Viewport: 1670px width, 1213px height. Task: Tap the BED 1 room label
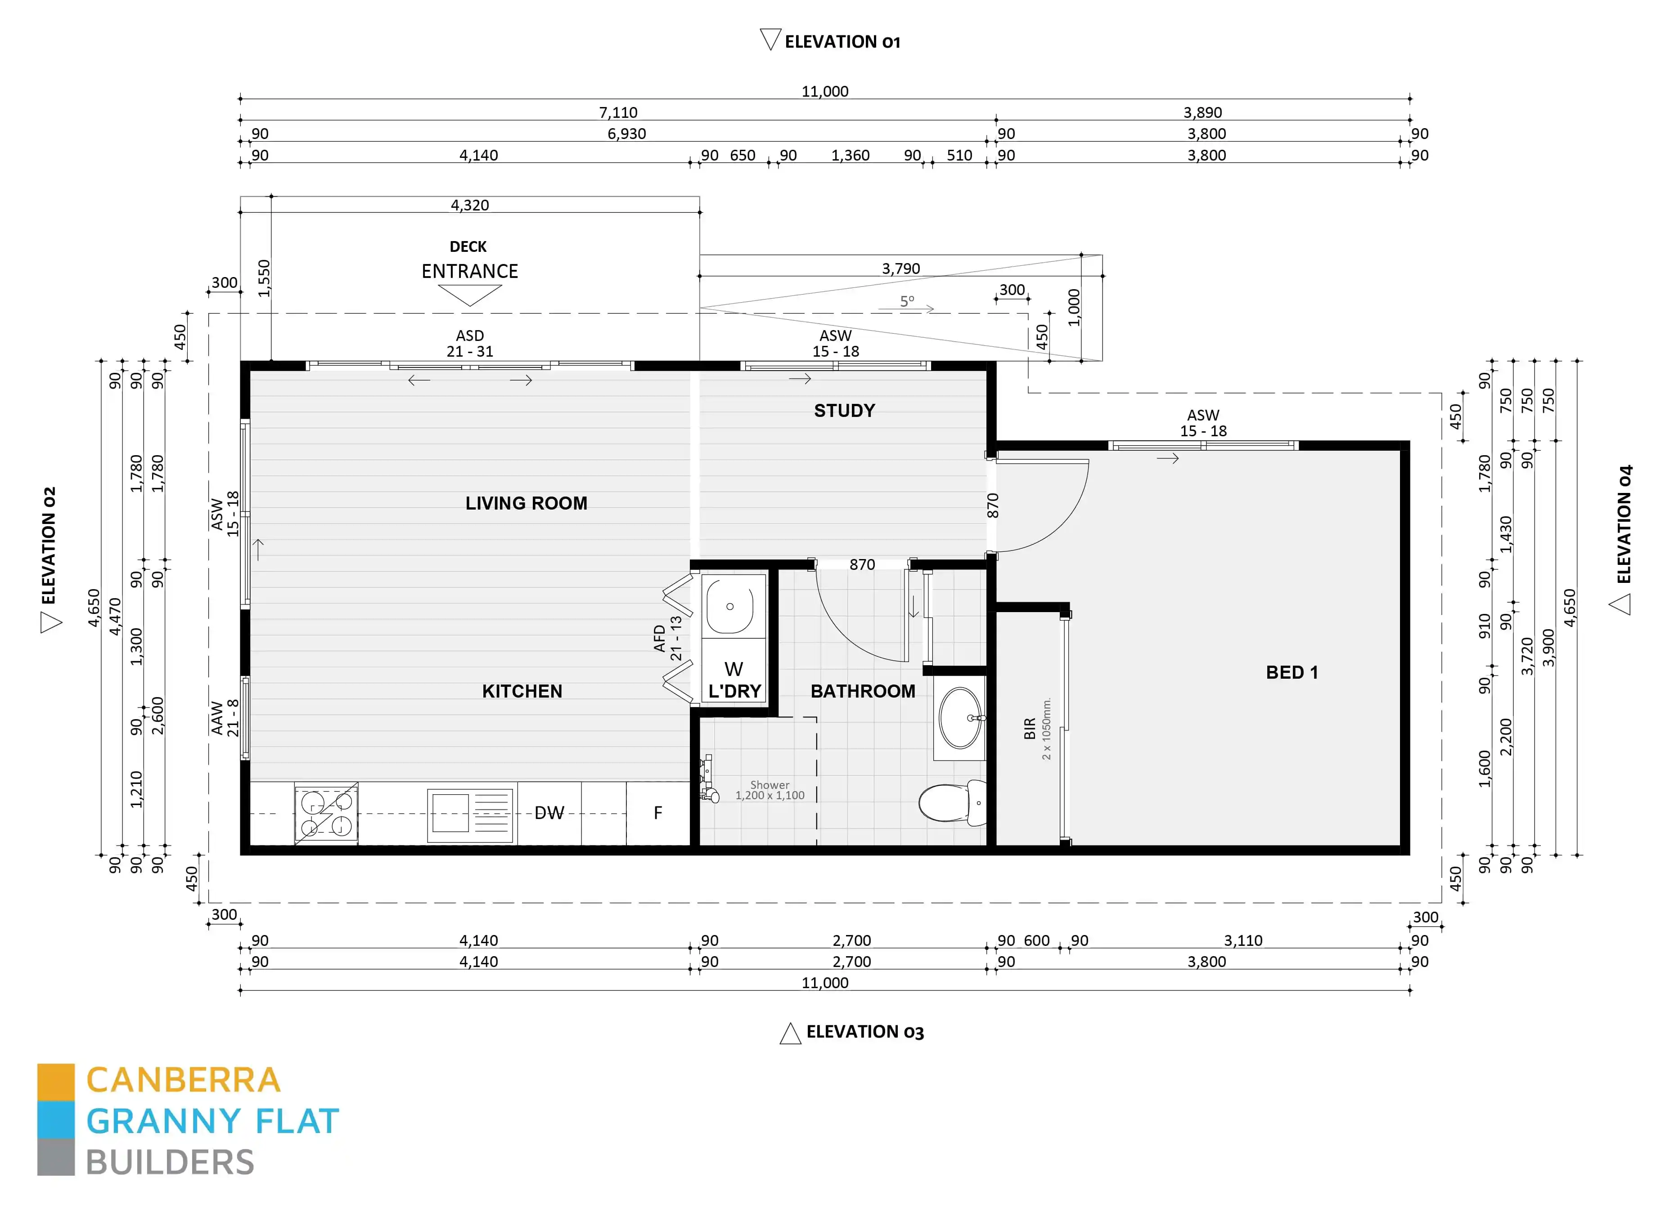click(1292, 672)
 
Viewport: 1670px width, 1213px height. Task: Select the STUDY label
click(844, 411)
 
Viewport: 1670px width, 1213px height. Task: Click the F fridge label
click(657, 813)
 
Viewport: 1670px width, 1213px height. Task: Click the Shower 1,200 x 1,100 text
click(770, 791)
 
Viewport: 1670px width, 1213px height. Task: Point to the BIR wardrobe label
click(1029, 729)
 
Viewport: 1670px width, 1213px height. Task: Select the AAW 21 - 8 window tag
click(225, 718)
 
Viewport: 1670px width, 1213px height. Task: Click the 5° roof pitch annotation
click(907, 301)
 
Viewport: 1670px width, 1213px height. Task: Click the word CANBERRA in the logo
click(183, 1080)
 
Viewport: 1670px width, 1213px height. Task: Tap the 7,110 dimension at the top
click(618, 112)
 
